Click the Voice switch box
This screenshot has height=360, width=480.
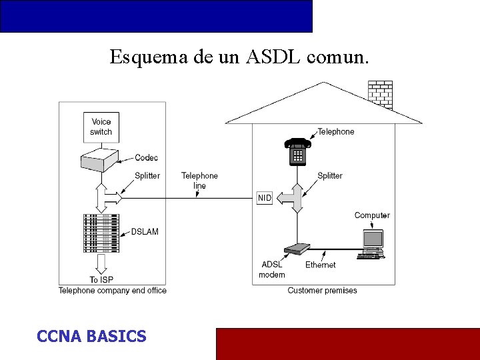pyautogui.click(x=101, y=127)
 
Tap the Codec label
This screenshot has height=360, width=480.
pyautogui.click(x=146, y=158)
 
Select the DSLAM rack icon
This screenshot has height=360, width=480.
pyautogui.click(x=101, y=233)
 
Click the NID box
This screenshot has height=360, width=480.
pyautogui.click(x=265, y=198)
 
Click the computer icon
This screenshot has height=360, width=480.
pyautogui.click(x=372, y=243)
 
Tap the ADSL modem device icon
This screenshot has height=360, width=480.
pyautogui.click(x=297, y=249)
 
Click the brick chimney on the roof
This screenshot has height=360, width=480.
pyautogui.click(x=380, y=94)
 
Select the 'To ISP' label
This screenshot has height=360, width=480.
pyautogui.click(x=102, y=279)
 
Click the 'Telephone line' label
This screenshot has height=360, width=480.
pyautogui.click(x=199, y=181)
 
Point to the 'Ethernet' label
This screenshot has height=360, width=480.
pyautogui.click(x=321, y=265)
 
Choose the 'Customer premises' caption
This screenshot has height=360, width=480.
pyautogui.click(x=322, y=291)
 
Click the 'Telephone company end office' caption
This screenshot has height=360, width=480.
pyautogui.click(x=113, y=291)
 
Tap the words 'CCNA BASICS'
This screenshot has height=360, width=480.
pyautogui.click(x=91, y=336)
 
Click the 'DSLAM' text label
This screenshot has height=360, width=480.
pyautogui.click(x=145, y=231)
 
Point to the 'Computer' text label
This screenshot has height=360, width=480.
pyautogui.click(x=372, y=215)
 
